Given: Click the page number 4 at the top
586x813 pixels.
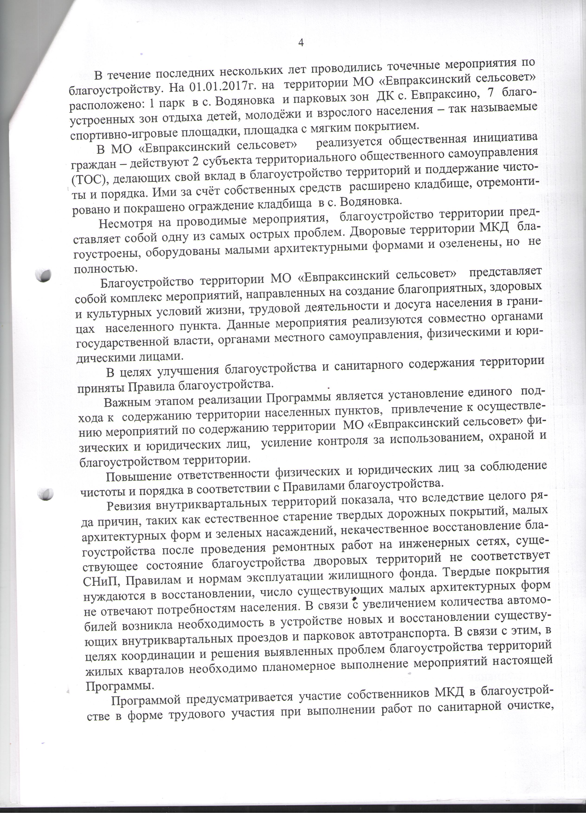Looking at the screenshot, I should pyautogui.click(x=301, y=43).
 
